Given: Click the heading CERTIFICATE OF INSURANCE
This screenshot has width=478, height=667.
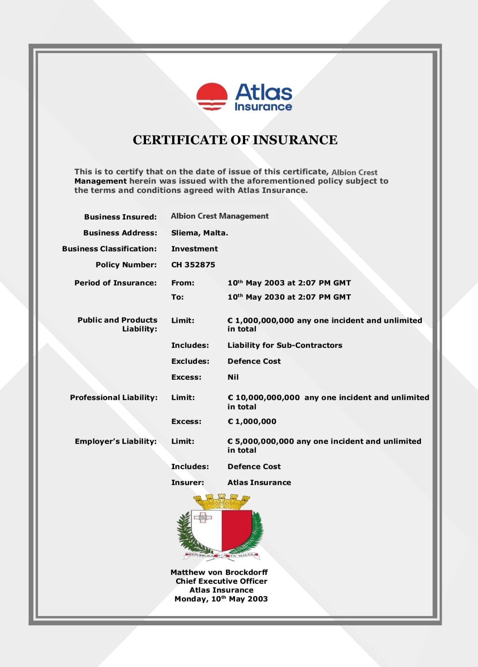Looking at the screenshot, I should tap(235, 140).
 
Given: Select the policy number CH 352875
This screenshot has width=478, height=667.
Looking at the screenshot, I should tap(193, 265).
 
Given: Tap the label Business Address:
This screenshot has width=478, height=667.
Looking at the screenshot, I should tap(120, 233).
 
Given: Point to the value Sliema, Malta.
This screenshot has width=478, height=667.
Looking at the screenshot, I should tap(200, 233).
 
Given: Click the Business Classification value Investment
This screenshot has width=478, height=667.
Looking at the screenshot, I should tap(194, 249).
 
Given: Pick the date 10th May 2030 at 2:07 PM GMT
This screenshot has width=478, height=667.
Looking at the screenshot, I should tap(289, 297).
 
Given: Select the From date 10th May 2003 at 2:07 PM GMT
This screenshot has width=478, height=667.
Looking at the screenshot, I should tap(289, 283).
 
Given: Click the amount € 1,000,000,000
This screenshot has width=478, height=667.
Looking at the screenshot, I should tap(261, 320).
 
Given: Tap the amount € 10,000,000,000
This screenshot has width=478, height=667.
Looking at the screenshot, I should tap(264, 397).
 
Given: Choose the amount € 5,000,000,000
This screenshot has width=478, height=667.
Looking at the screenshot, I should tap(261, 441).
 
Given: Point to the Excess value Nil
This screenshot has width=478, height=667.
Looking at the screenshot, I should tap(233, 377).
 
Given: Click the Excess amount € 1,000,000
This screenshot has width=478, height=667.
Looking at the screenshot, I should tap(252, 421).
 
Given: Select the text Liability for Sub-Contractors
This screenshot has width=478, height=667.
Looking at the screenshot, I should tap(285, 345).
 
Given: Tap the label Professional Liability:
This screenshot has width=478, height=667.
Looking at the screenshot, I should tap(114, 397).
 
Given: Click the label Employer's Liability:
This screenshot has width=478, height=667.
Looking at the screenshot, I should tap(116, 441).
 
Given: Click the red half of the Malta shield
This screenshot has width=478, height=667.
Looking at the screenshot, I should tap(236, 529).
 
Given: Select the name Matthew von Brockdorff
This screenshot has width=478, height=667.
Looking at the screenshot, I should tap(219, 572).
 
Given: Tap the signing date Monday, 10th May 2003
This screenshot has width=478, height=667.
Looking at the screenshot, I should tap(221, 599).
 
